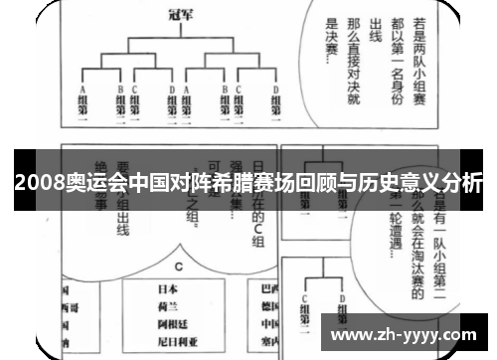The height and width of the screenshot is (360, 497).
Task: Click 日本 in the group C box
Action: [x=180, y=289]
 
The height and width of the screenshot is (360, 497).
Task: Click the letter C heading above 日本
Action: [x=179, y=267]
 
